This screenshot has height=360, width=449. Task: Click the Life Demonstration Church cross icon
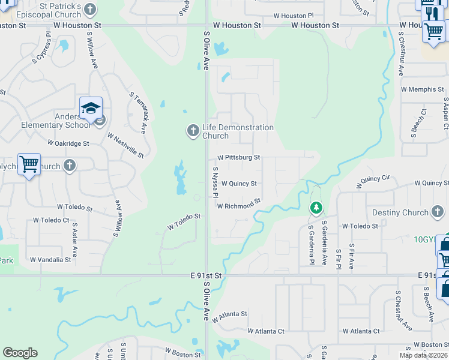click(193, 130)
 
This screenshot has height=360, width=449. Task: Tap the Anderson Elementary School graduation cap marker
click(91, 109)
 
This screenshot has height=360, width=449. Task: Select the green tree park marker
click(316, 208)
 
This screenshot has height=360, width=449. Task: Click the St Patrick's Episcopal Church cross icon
click(90, 9)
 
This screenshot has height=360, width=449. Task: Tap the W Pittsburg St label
click(238, 157)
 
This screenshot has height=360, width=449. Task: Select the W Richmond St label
click(239, 204)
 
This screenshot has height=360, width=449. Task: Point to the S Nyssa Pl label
click(214, 182)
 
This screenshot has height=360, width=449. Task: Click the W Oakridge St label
click(68, 144)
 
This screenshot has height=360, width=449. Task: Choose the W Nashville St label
click(125, 145)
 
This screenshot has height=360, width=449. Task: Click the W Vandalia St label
click(50, 260)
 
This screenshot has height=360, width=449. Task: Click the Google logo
click(20, 353)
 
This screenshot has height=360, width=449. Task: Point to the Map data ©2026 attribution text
click(423, 355)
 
